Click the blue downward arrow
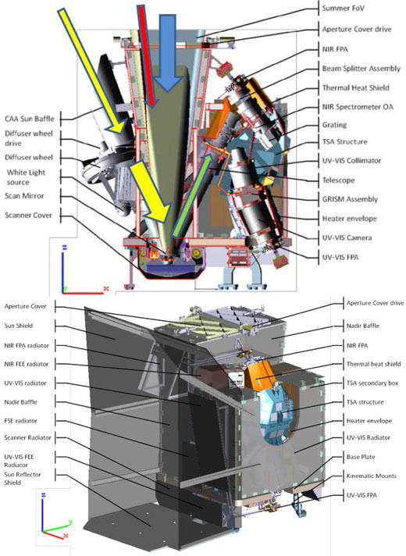click(166, 53)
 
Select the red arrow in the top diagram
click(147, 55)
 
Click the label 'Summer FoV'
click(343, 8)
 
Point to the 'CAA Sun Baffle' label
click(30, 119)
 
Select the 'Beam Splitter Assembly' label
click(361, 69)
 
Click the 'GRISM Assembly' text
click(350, 199)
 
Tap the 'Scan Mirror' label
click(24, 196)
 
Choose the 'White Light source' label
click(26, 177)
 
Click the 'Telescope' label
click(338, 180)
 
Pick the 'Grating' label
click(334, 125)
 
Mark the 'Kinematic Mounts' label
click(371, 476)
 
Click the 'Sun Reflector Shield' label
click(23, 479)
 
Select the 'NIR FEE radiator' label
click(27, 364)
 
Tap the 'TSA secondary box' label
click(372, 383)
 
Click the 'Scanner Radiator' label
click(27, 437)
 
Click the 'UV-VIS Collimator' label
click(351, 161)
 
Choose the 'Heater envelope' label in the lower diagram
click(369, 421)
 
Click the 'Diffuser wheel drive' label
click(29, 138)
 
